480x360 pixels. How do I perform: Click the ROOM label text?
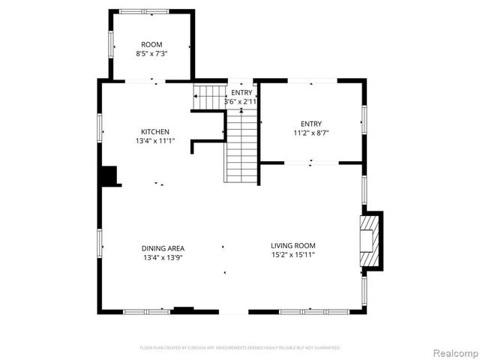(151, 44)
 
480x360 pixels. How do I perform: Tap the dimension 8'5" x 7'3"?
(151, 54)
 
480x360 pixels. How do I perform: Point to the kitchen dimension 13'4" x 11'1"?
(155, 141)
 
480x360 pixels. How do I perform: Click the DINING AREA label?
(163, 248)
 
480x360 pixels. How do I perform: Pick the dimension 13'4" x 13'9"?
(163, 257)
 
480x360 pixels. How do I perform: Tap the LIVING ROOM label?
(292, 245)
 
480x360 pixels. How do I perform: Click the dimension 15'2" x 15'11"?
(292, 255)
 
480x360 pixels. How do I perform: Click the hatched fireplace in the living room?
(369, 241)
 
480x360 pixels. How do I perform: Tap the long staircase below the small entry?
(241, 147)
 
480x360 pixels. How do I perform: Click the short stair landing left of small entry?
(209, 97)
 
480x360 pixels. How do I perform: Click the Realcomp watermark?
(452, 352)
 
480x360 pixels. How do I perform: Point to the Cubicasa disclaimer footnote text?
(240, 348)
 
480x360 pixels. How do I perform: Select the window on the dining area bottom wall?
(146, 311)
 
